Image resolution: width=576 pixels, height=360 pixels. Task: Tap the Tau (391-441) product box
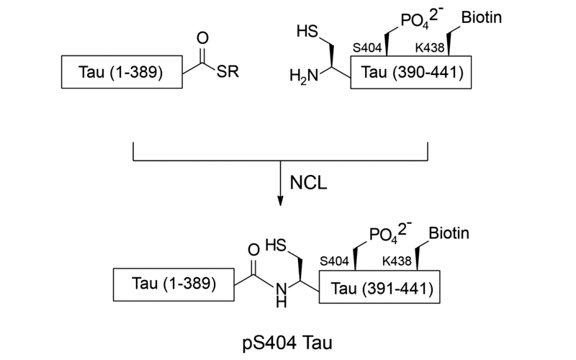click(x=380, y=289)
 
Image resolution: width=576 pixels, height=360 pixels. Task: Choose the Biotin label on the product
click(x=449, y=234)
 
